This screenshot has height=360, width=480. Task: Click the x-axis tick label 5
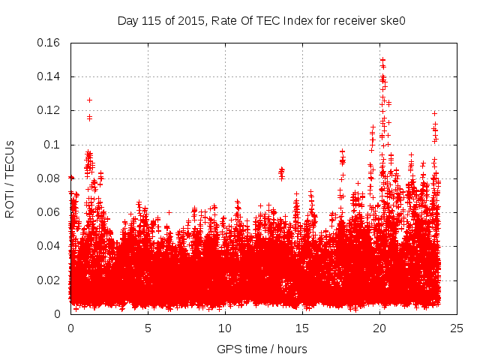tap(148, 328)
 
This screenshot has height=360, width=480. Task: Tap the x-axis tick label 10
tap(225, 328)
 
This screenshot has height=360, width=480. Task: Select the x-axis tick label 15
tap(302, 328)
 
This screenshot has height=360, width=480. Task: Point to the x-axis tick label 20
tap(379, 328)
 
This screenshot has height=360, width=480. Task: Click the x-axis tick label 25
tap(457, 328)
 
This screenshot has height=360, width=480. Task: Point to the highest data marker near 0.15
tap(382, 60)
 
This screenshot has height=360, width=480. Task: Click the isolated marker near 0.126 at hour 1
tap(89, 100)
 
